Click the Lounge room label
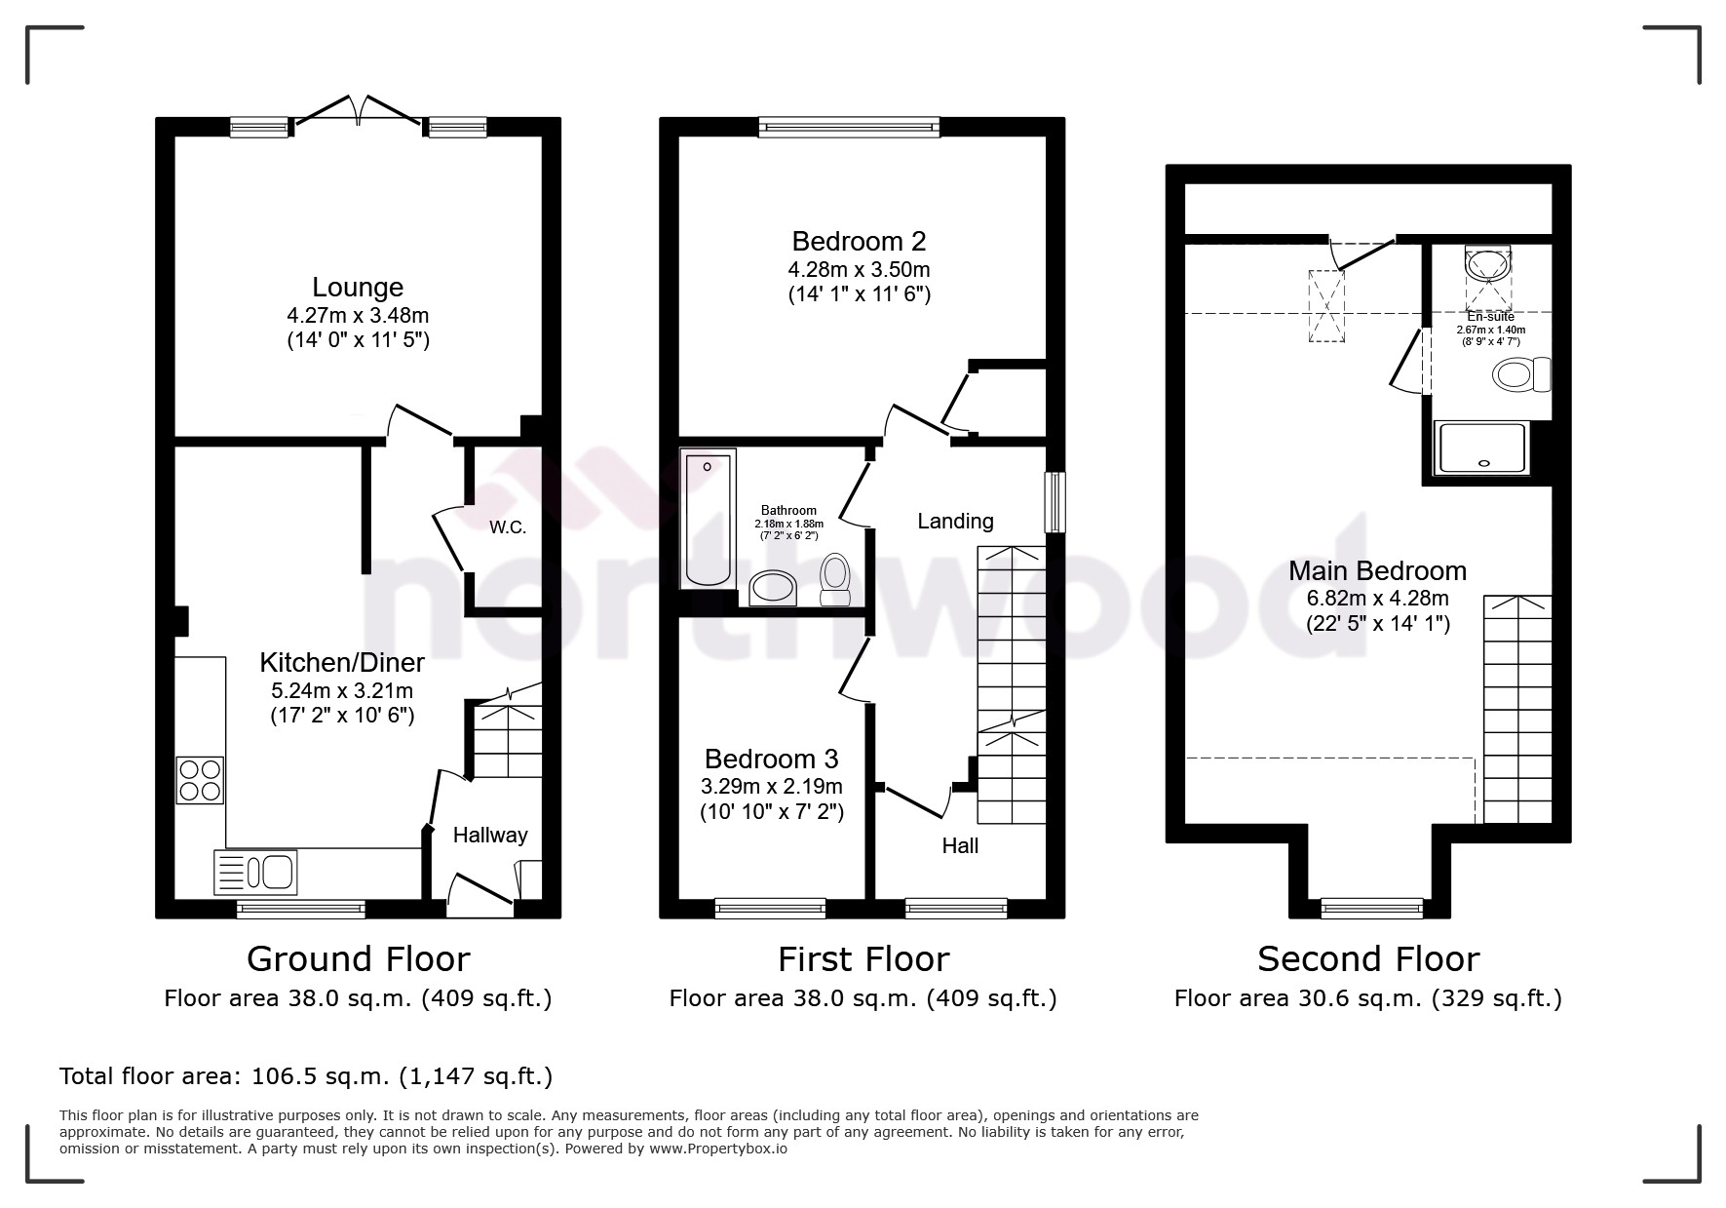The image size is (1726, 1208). coord(358,288)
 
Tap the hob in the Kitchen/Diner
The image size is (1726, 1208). coord(200,780)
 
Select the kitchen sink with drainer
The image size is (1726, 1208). coord(255,872)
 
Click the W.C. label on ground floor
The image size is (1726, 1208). coord(508,527)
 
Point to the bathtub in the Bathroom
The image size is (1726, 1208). coord(708,520)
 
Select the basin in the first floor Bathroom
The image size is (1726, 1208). coord(774,587)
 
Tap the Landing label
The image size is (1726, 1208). coord(955,522)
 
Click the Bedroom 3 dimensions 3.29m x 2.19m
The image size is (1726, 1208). coord(772,786)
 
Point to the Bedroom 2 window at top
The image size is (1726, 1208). coord(849,126)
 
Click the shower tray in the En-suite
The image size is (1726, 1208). coord(1480,448)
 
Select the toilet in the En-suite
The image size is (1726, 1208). coord(1519,374)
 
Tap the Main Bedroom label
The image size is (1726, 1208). coord(1377,571)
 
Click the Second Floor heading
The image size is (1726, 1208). coord(1367,959)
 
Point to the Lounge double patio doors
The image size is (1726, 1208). coord(359,109)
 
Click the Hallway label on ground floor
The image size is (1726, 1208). coord(490,836)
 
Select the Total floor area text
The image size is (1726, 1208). coord(306,1076)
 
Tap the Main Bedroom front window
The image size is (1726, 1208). coord(1371,908)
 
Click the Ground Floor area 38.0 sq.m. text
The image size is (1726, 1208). coord(358,998)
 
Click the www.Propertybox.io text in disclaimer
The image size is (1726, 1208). coord(718,1149)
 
